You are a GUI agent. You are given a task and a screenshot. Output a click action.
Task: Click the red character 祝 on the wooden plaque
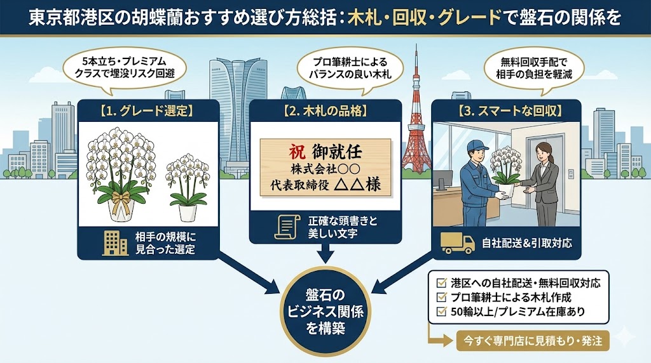(x=294, y=152)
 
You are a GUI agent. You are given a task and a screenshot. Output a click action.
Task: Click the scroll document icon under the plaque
(x=287, y=227)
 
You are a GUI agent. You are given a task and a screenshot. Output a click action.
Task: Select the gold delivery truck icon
(x=458, y=242)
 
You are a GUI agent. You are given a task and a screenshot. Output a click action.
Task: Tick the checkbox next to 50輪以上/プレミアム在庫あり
(x=442, y=312)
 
